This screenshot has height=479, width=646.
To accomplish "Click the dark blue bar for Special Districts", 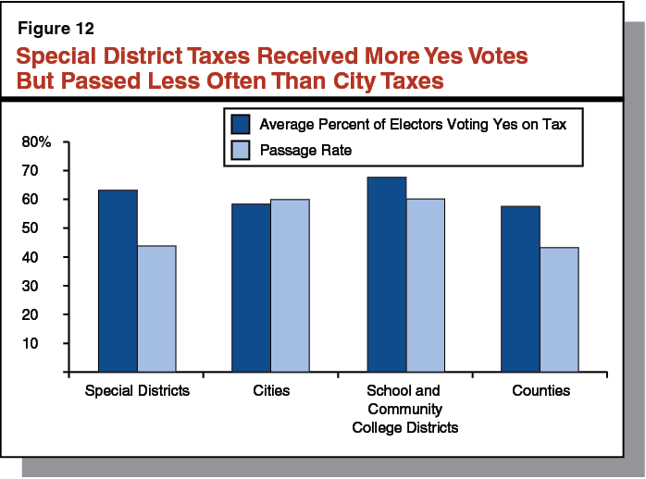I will click(118, 281).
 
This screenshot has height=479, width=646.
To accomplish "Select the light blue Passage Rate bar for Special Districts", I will click(156, 309).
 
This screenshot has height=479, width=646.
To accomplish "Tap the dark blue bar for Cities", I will click(251, 288).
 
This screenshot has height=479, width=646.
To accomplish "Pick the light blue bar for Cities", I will click(290, 286).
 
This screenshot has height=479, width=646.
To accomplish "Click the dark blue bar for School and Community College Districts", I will click(386, 275).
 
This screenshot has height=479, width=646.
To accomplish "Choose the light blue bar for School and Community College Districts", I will click(425, 285).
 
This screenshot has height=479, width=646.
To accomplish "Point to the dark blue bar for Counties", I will click(520, 289).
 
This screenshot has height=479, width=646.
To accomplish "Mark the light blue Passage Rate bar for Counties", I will click(559, 310).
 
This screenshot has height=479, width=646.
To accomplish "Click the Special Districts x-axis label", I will click(137, 391).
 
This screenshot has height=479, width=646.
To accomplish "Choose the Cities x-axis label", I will click(270, 391).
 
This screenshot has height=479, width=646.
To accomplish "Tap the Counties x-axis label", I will click(540, 391).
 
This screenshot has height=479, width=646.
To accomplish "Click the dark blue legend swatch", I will click(241, 124).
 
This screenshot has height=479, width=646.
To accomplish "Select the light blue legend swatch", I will click(241, 149).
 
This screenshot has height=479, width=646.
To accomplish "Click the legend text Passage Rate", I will click(306, 149).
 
